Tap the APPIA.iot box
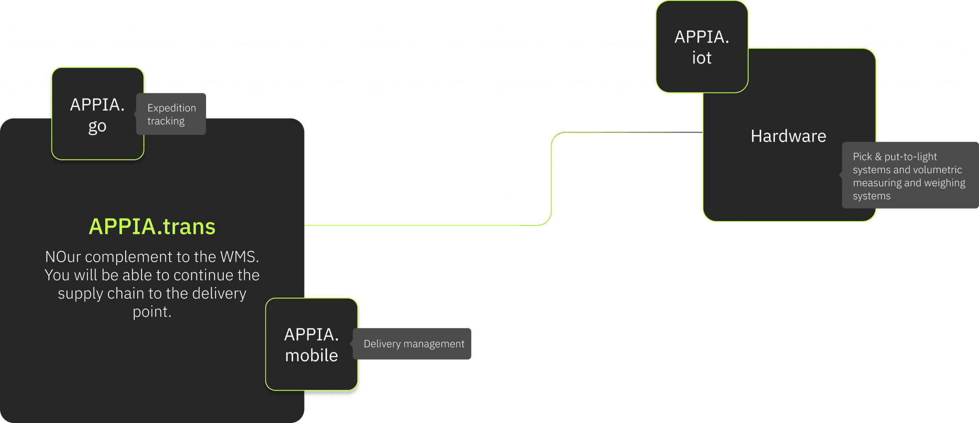pos(701,47)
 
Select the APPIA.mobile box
pos(311,345)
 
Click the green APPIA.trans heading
pos(152,226)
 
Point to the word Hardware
pos(788,136)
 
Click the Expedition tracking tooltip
pos(172,114)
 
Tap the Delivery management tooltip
pos(413,344)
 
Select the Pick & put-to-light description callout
pos(908,176)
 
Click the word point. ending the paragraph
pos(152,312)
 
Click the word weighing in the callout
pos(944,183)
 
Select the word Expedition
pos(172,108)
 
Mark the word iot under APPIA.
pos(701,58)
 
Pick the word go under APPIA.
pos(98,126)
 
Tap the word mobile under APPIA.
pos(311,356)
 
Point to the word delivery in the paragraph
pos(219,293)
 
